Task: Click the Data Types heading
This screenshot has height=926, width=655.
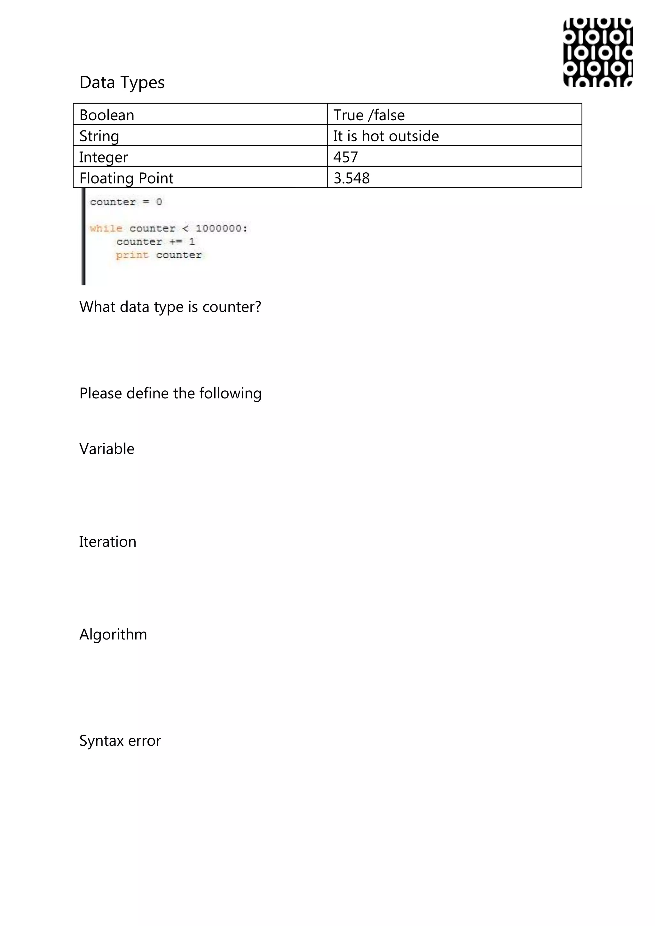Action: pyautogui.click(x=122, y=83)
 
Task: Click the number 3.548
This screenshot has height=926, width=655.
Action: pyautogui.click(x=351, y=178)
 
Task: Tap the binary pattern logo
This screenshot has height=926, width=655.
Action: pyautogui.click(x=598, y=52)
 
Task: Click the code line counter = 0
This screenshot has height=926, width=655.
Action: pyautogui.click(x=126, y=202)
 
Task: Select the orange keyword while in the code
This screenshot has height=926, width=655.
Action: pyautogui.click(x=106, y=228)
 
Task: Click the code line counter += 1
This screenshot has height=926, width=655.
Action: pyautogui.click(x=155, y=242)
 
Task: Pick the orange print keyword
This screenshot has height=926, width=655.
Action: pyautogui.click(x=132, y=255)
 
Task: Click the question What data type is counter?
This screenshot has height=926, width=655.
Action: pyautogui.click(x=170, y=307)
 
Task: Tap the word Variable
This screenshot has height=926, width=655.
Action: pyautogui.click(x=107, y=449)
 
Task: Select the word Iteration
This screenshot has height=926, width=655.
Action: pyautogui.click(x=108, y=542)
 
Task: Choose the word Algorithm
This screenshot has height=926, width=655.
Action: pyautogui.click(x=113, y=634)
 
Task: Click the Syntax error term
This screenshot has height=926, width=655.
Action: pyautogui.click(x=120, y=741)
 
